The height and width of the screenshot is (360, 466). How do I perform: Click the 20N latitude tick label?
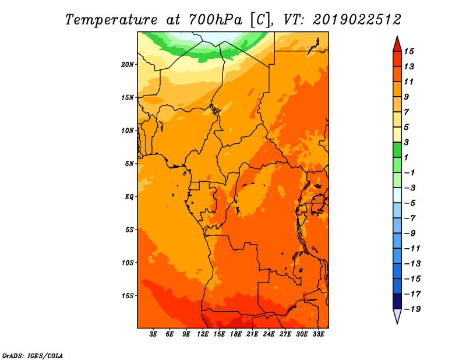click(x=127, y=65)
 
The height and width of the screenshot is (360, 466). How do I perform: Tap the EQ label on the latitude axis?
click(x=129, y=197)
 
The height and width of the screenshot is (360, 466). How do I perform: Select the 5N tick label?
click(x=129, y=164)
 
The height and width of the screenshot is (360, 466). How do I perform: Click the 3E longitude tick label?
click(x=153, y=334)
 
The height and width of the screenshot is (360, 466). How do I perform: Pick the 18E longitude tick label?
click(x=236, y=334)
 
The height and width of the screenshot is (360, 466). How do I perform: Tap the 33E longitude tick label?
click(x=318, y=334)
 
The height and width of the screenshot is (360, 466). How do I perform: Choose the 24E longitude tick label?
click(x=269, y=334)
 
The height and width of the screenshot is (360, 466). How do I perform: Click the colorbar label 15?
click(x=409, y=51)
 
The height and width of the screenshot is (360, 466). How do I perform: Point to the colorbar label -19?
click(x=412, y=309)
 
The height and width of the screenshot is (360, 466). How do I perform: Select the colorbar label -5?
click(x=410, y=203)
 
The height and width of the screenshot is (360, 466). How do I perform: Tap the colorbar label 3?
click(x=407, y=142)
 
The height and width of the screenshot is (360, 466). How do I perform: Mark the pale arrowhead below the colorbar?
click(x=397, y=315)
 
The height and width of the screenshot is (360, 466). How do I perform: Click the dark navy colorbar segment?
click(x=397, y=301)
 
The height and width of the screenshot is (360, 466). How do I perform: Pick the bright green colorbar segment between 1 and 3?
click(x=397, y=150)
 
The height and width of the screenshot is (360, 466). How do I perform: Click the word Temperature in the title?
click(x=111, y=20)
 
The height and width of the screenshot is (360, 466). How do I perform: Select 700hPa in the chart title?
click(x=216, y=20)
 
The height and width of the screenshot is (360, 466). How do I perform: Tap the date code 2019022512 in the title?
click(x=357, y=20)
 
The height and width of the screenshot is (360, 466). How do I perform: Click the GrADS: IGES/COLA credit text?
click(x=33, y=355)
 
